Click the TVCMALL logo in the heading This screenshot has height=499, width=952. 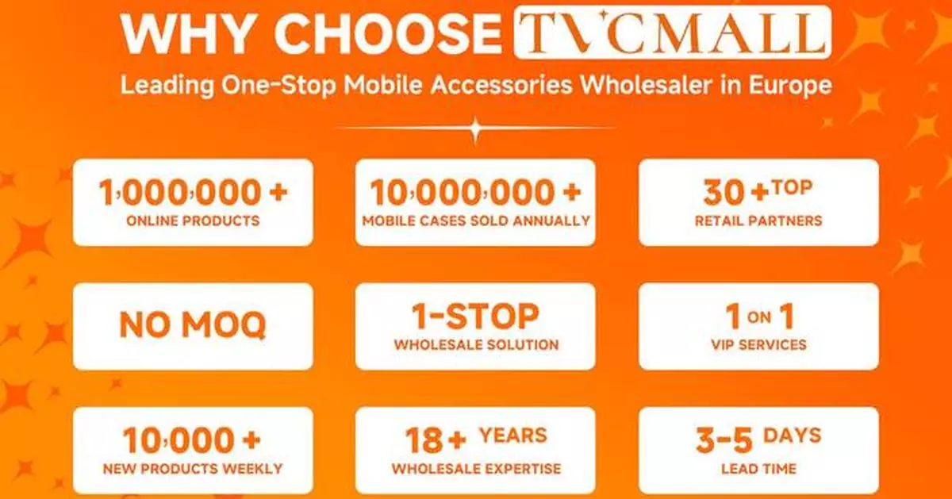(673, 33)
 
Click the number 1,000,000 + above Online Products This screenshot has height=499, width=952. (192, 193)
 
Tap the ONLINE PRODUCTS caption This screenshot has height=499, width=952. (192, 221)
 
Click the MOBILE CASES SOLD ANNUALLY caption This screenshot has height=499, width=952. (475, 221)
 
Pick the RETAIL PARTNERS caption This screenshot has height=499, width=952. (758, 221)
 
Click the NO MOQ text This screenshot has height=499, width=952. (192, 325)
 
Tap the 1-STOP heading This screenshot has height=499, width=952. (475, 317)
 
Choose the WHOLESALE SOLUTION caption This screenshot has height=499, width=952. (475, 345)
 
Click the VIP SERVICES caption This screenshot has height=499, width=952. (758, 345)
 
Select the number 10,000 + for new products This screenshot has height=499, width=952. (192, 440)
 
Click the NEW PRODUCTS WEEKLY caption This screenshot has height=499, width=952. (192, 469)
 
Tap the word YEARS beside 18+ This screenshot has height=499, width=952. (512, 435)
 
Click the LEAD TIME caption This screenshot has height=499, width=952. (758, 469)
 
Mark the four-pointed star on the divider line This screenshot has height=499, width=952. (475, 128)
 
